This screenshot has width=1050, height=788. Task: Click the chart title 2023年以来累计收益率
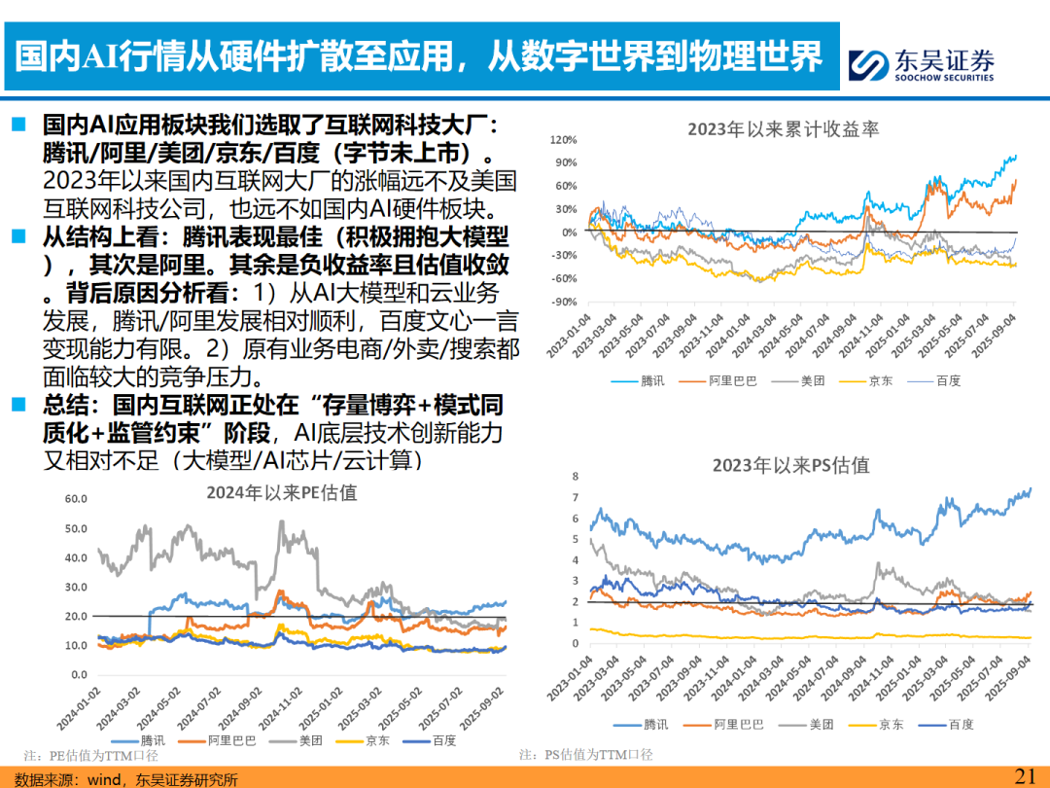click(783, 128)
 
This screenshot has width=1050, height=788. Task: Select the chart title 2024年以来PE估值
click(281, 492)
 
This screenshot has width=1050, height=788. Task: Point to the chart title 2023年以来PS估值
click(790, 465)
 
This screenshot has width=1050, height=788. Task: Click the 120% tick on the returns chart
click(565, 140)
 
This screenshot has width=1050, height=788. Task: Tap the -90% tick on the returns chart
click(565, 302)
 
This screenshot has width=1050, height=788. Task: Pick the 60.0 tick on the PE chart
click(76, 499)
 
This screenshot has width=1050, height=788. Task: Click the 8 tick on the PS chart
click(576, 476)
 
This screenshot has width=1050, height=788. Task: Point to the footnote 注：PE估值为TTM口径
click(90, 755)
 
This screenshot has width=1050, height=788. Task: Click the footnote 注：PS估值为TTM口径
click(585, 755)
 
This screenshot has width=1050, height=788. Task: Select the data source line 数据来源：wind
click(126, 778)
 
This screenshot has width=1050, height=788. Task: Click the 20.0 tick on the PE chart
click(76, 616)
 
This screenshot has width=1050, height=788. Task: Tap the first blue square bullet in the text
click(18, 125)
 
